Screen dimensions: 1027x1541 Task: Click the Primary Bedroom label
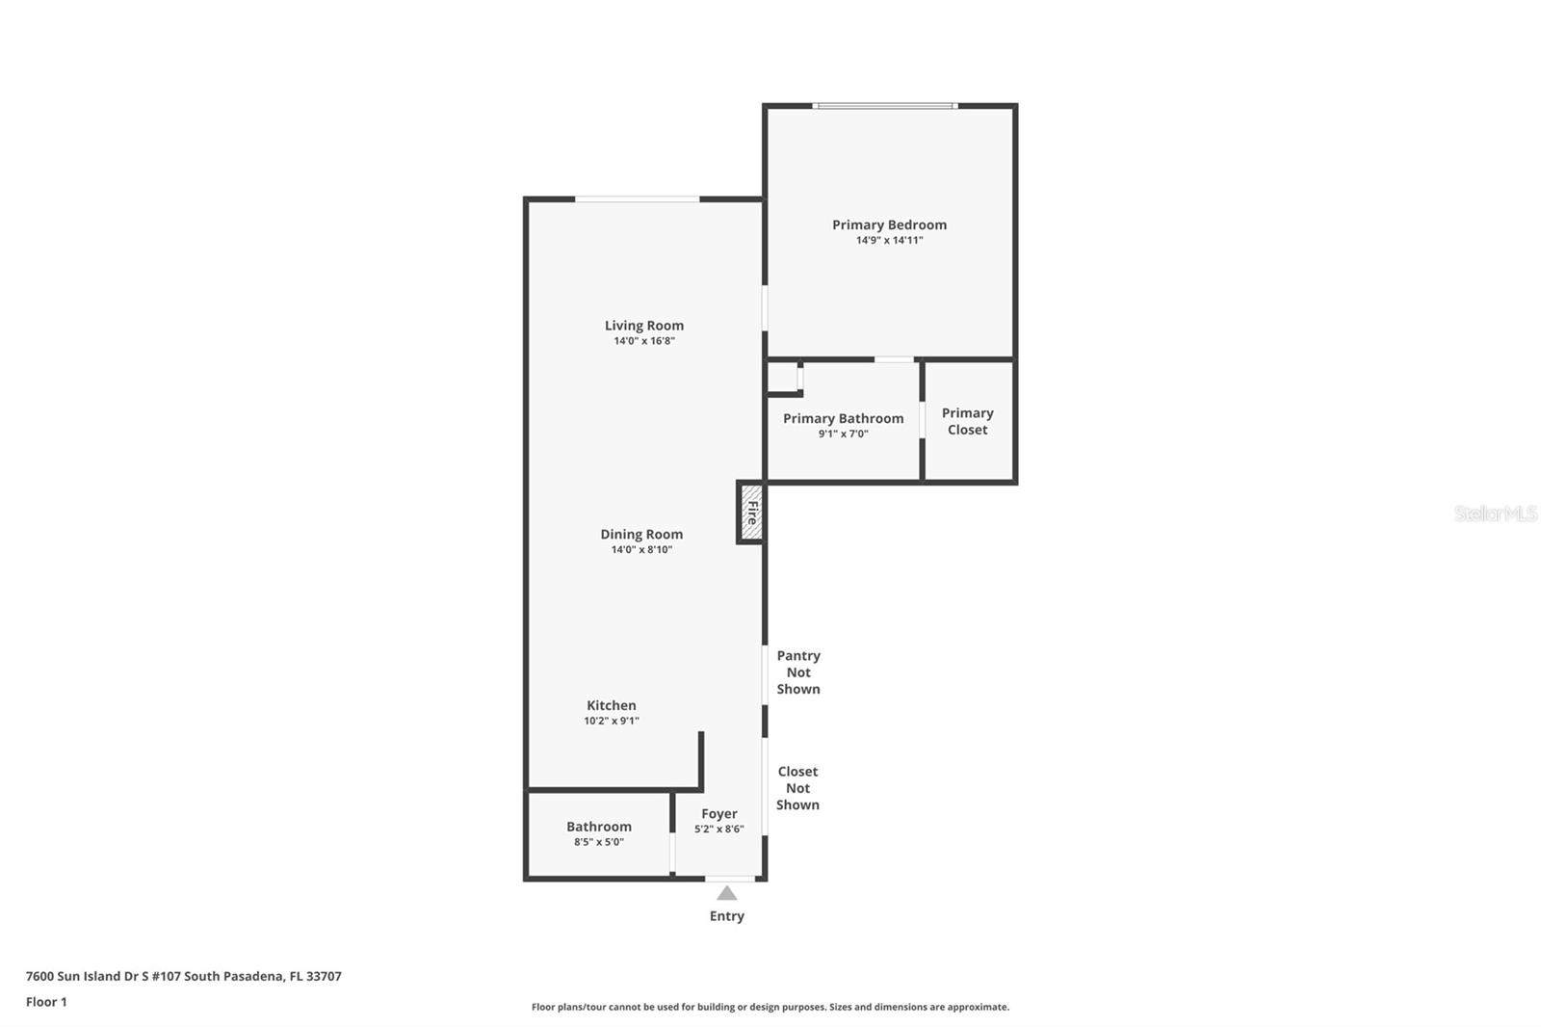tap(889, 224)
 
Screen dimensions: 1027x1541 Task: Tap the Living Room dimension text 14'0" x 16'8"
tap(644, 341)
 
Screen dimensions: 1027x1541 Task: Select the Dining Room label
tap(641, 534)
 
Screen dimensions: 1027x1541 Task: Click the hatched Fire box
tap(751, 513)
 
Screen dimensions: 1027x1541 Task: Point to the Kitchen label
tap(612, 705)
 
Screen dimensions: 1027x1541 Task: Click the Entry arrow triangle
tap(727, 894)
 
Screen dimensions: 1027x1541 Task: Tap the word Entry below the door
tap(727, 916)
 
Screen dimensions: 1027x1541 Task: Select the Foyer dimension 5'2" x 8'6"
tap(719, 829)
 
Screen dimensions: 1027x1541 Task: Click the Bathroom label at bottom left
tap(599, 826)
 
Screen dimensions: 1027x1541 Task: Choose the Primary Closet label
tap(967, 421)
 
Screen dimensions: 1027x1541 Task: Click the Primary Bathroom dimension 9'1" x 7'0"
tap(844, 434)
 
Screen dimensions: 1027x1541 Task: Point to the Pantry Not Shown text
tap(798, 672)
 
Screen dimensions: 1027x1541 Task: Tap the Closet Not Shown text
tap(797, 788)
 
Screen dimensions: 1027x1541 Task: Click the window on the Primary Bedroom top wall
tap(884, 106)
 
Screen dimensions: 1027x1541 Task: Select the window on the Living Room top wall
tap(637, 199)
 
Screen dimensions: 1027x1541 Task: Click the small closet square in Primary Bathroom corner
tap(782, 377)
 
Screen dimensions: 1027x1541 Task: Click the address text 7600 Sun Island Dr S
tap(183, 976)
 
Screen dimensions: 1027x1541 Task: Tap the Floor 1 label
tap(46, 1002)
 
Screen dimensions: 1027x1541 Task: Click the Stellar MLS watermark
tap(1495, 513)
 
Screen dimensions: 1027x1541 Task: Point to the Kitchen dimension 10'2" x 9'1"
tap(612, 721)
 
